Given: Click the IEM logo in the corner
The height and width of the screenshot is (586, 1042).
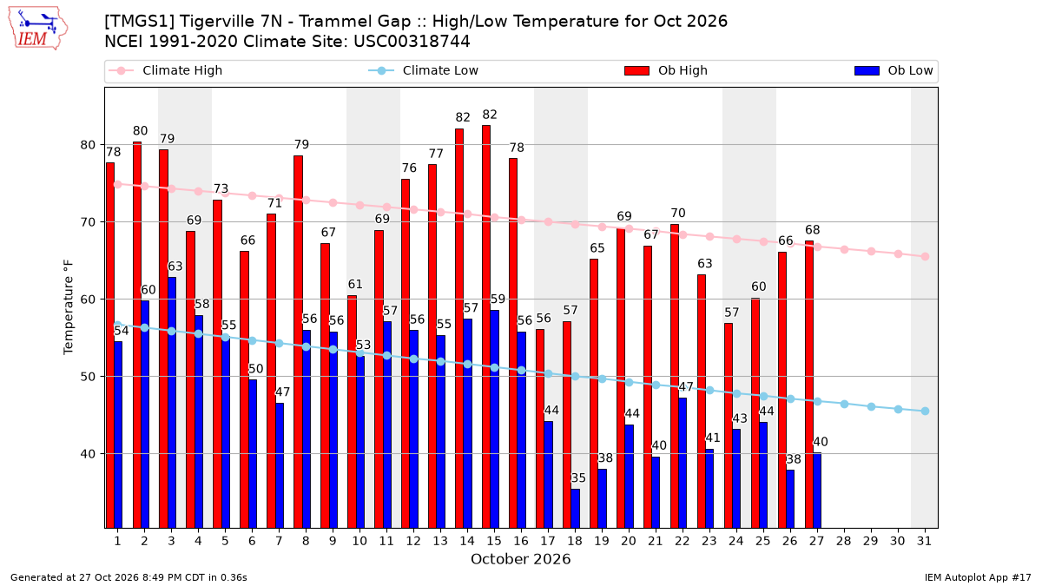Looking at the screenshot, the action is (x=37, y=29).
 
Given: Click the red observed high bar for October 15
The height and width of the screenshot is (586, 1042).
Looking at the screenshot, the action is (x=486, y=326).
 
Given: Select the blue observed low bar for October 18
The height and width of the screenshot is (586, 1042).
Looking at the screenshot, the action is (x=576, y=509).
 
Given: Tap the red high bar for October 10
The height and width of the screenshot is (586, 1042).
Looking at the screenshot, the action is (x=352, y=412).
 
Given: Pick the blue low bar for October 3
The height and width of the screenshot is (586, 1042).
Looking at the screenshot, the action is (x=172, y=403).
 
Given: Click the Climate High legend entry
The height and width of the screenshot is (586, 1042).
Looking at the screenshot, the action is (x=166, y=70).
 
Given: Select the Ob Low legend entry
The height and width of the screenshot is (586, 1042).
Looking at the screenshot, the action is (x=894, y=70).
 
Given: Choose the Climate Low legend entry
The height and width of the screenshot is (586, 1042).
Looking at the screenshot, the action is (x=424, y=70).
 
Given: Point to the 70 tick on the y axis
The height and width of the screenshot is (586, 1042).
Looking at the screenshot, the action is (x=88, y=222).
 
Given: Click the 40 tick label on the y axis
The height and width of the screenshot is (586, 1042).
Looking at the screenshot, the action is (x=88, y=454).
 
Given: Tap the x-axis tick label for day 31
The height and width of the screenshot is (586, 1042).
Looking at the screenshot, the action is (x=924, y=542).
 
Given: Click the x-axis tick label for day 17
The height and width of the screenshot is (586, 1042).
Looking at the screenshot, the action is (x=548, y=542).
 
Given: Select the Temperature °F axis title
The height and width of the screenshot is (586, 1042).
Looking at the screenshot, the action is (x=69, y=307).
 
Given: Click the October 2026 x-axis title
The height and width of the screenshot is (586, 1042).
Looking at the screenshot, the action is (x=520, y=559).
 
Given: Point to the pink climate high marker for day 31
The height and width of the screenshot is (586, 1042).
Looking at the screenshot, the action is (x=926, y=257).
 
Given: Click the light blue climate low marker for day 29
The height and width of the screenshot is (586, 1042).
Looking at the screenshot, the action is (x=871, y=407).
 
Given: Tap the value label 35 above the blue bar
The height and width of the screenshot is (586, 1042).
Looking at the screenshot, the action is (x=578, y=478).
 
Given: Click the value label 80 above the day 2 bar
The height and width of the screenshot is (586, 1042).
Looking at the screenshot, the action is (x=140, y=131).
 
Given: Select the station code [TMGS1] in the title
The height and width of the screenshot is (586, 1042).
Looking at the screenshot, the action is (x=140, y=22).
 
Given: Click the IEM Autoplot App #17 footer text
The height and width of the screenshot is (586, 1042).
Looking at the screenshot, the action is (x=978, y=577).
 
